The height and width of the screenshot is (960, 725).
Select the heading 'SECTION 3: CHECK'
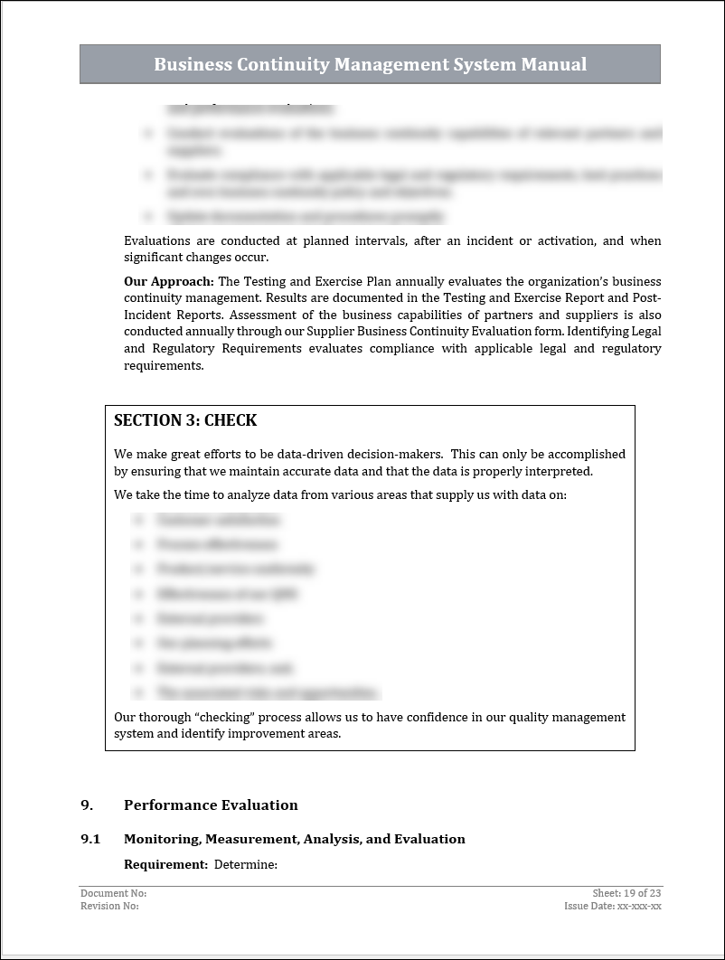185,420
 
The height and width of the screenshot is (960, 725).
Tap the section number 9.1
90,839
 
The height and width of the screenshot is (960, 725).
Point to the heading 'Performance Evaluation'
211,805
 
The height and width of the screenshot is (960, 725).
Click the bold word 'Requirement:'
166,864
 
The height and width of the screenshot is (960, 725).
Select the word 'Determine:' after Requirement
245,864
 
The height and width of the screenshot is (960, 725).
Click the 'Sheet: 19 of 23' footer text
626,893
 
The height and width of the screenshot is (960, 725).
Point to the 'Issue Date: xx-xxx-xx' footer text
612,906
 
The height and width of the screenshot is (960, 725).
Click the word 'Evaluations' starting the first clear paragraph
157,240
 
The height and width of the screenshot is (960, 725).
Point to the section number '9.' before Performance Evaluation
87,805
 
